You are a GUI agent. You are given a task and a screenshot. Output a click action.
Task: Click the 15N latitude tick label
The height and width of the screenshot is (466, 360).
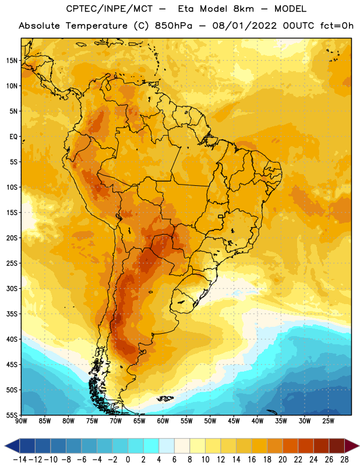[x=12, y=61]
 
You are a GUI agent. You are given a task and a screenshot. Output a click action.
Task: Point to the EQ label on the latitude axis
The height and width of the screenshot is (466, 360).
[x=13, y=137]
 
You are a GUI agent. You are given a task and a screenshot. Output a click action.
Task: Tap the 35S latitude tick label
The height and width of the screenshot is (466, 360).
[x=12, y=314]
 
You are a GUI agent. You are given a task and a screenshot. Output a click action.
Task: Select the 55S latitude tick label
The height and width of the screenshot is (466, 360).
[x=12, y=415]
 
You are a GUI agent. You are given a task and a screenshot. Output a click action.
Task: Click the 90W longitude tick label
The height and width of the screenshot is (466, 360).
[x=22, y=421]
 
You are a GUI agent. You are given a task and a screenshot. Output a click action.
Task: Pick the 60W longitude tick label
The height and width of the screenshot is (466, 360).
[x=163, y=421]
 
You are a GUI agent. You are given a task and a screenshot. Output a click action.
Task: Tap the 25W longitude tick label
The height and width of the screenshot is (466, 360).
[x=329, y=421]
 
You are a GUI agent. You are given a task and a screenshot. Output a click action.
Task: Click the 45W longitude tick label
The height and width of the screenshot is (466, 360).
[x=234, y=421]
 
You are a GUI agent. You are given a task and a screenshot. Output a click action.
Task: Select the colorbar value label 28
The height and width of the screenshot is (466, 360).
[x=344, y=460]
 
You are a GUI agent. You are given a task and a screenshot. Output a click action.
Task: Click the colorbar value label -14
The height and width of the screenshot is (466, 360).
[x=20, y=460]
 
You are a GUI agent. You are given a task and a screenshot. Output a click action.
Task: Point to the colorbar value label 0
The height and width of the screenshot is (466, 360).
[x=128, y=460]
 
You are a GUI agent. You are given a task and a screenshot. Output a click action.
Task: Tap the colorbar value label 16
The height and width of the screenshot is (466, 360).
[x=252, y=460]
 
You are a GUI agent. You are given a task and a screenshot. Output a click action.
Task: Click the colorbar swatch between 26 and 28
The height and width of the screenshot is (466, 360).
[x=337, y=446]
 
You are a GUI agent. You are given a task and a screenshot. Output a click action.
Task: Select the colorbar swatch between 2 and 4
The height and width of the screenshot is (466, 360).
[x=151, y=446]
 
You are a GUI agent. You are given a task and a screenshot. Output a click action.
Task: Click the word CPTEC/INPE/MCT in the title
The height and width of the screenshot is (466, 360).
[x=110, y=9]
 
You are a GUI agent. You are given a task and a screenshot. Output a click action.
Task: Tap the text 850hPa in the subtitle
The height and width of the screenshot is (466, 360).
[x=174, y=26]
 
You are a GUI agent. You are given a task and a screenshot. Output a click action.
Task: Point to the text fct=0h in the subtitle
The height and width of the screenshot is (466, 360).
[x=337, y=26]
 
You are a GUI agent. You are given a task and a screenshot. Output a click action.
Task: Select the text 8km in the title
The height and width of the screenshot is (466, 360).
[x=243, y=9]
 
